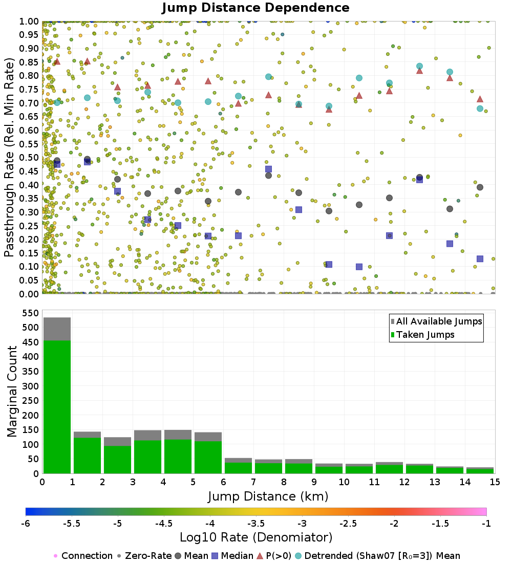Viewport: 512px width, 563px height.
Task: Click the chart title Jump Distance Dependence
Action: [255, 8]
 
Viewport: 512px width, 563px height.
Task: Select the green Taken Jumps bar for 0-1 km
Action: [57, 406]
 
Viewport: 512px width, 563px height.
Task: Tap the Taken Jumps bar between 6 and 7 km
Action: [238, 468]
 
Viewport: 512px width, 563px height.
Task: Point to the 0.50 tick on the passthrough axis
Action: [30, 157]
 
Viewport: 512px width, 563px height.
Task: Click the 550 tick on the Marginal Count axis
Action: [30, 312]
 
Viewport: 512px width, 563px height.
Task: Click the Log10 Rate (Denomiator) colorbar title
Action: [256, 537]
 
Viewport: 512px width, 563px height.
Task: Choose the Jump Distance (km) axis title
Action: [268, 496]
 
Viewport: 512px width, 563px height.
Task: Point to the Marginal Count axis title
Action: [11, 392]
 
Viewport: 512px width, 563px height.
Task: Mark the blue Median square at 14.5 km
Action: [480, 259]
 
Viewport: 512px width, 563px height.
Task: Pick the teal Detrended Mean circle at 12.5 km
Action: [419, 67]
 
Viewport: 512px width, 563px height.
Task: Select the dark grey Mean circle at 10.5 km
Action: [359, 205]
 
